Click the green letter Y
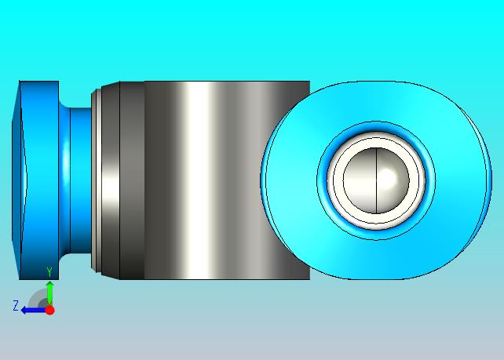point(49,272)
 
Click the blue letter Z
point(16,305)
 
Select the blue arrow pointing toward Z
point(33,311)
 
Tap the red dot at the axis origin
point(49,310)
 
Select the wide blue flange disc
point(39,180)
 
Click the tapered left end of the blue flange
point(16,180)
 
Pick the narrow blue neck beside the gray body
point(81,180)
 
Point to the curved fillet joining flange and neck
point(64,180)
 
